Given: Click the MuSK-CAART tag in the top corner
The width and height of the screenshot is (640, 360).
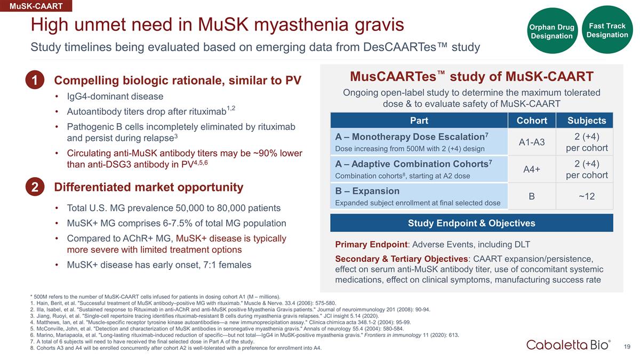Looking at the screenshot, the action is (36, 6).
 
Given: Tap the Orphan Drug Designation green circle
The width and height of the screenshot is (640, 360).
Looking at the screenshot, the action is (551, 31).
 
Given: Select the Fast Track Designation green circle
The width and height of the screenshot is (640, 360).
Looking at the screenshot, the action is (607, 30).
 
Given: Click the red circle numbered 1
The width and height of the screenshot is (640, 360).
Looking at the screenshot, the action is (35, 79).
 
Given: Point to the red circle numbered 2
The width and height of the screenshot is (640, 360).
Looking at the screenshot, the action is (35, 187).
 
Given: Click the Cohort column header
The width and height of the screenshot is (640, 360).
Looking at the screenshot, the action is (532, 121).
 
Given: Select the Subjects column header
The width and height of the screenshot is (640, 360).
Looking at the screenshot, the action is (587, 121).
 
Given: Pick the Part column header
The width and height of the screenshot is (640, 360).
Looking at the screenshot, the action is (419, 121).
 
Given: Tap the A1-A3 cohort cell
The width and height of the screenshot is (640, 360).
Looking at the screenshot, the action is (532, 142).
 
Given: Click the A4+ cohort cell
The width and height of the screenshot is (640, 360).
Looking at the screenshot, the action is (532, 169).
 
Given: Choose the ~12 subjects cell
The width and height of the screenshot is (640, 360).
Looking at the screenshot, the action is (587, 196).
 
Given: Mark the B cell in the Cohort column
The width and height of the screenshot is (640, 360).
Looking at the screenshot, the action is (532, 196).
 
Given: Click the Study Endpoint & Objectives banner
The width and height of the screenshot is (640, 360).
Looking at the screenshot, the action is (471, 223).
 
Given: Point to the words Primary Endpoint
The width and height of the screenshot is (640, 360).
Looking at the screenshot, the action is (371, 245).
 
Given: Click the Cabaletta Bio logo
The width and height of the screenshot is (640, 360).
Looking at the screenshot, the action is (569, 345).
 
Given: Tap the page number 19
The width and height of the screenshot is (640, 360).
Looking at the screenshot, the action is (627, 347).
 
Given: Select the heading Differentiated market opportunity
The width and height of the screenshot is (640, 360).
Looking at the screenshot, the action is (149, 187).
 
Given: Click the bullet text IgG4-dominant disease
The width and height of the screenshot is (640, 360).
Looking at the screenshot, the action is (115, 97).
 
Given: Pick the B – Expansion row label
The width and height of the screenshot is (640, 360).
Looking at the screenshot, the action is (367, 191).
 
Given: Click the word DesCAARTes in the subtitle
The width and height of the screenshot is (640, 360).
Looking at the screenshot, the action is (399, 47).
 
